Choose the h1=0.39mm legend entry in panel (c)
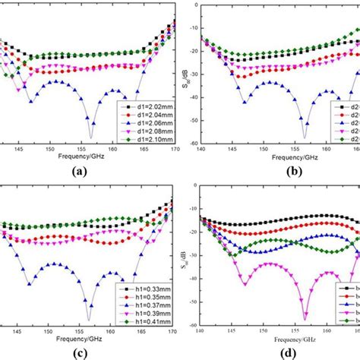[144, 312]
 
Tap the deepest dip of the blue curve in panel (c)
[89, 319]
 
